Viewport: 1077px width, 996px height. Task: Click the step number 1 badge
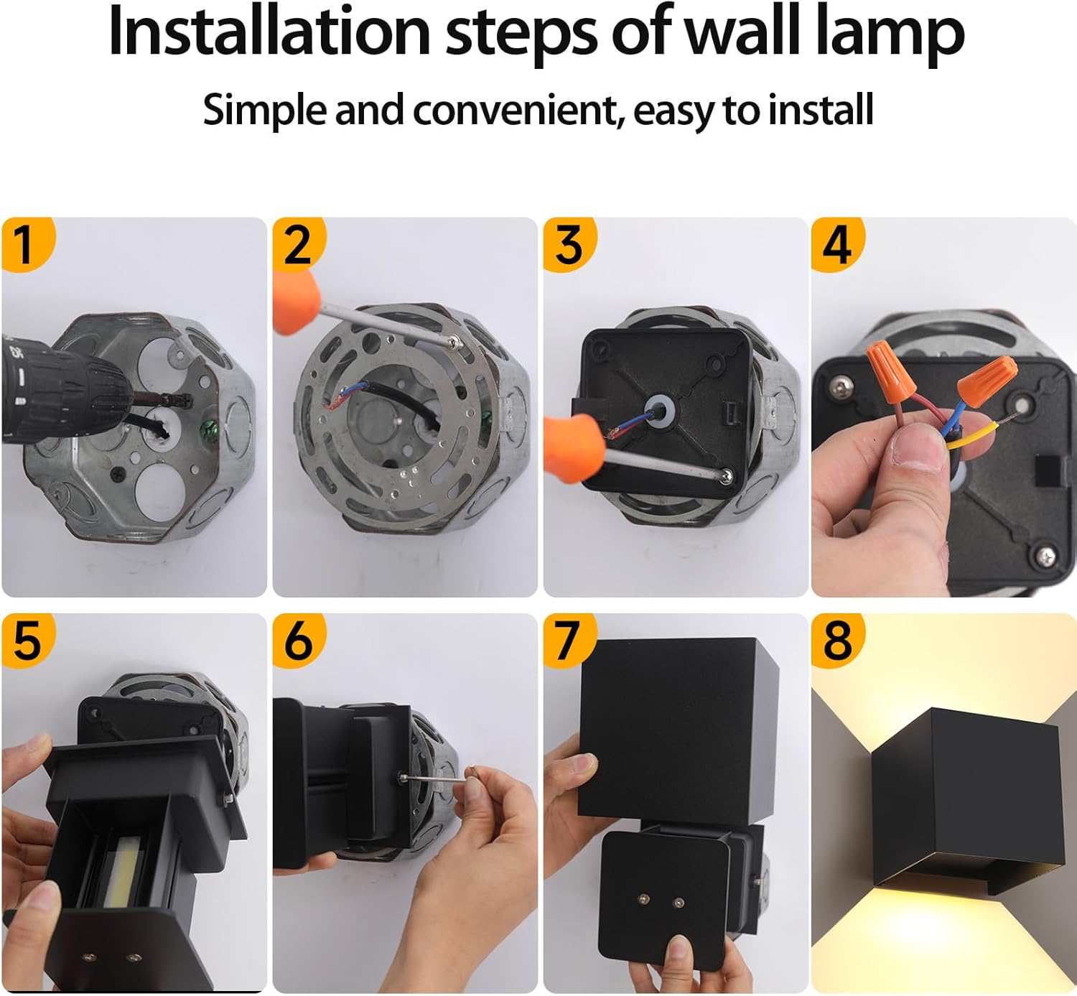coord(26,243)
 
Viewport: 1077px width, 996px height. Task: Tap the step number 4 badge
coord(837,243)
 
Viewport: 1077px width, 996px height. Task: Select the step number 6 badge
coord(298,639)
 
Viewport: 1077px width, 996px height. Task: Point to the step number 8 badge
coord(837,639)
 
